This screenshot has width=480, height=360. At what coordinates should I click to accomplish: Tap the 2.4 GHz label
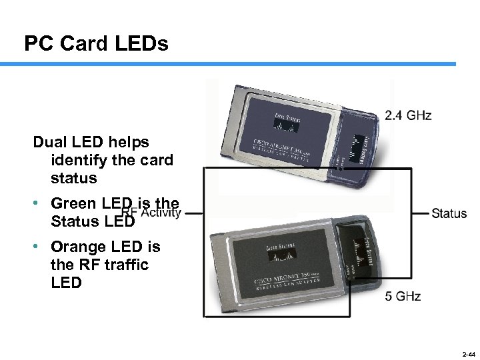(408, 115)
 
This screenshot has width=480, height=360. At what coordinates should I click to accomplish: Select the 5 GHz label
(403, 296)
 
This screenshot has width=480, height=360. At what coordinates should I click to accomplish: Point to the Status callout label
(449, 213)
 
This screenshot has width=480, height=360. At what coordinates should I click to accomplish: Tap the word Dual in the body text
(49, 142)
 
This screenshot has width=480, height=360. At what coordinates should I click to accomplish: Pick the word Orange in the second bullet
(76, 247)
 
